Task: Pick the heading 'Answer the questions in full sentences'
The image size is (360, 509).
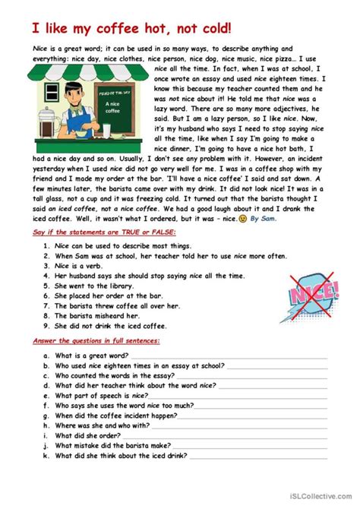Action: pos(96,342)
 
